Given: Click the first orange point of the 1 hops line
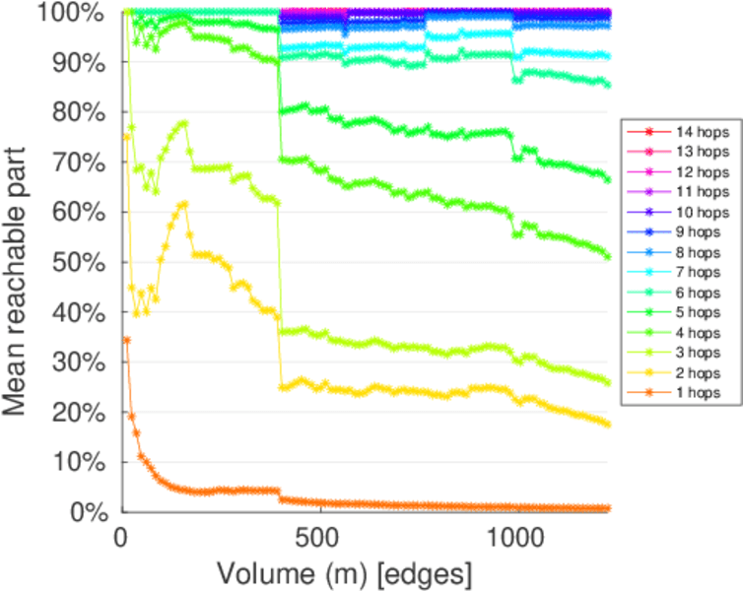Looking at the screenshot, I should [x=126, y=340].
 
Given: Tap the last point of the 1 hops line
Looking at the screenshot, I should [x=607, y=508].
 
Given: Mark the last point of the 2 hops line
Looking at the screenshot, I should [x=607, y=424].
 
